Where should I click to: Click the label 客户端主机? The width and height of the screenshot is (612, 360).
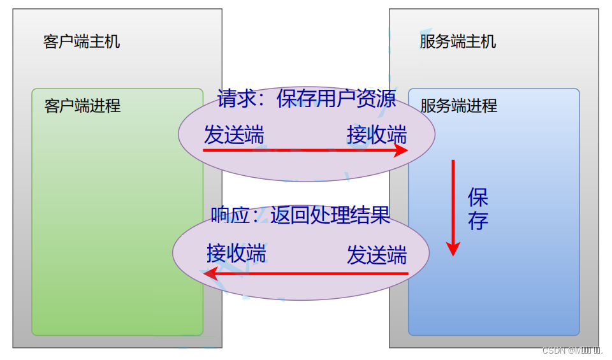point(82,42)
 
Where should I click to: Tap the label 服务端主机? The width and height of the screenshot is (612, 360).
point(458,42)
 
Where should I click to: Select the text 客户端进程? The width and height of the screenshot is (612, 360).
point(82,106)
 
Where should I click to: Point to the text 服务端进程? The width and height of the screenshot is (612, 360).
point(459,106)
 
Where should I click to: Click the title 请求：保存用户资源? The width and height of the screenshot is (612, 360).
point(307,99)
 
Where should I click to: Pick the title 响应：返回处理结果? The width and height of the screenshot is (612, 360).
point(300,215)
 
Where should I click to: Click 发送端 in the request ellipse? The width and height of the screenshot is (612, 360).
point(234,135)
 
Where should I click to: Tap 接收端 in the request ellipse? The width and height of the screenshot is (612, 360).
point(377,135)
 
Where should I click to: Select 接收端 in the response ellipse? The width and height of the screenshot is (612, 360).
point(237,254)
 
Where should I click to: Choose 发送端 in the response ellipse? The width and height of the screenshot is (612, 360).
point(377,255)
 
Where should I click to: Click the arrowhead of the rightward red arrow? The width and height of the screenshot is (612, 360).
point(402,150)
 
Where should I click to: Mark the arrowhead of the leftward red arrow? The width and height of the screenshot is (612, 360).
point(210,274)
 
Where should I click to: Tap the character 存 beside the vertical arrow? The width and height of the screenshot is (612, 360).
point(477,220)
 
